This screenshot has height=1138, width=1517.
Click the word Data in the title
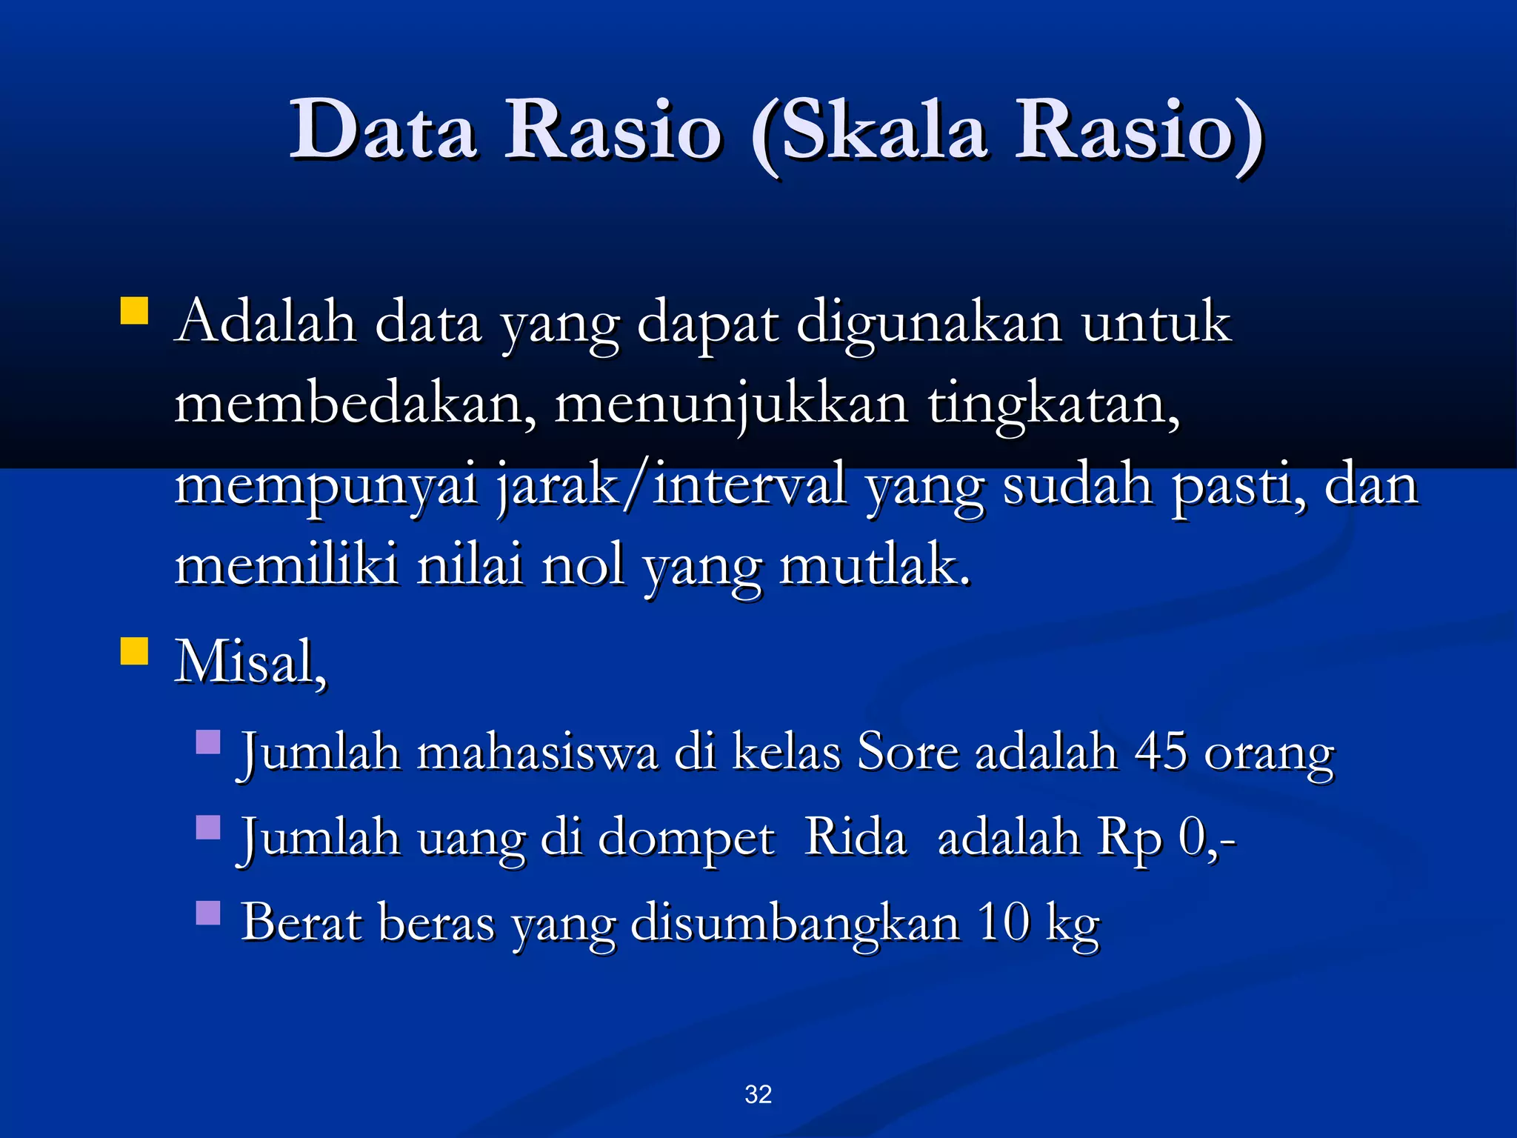(382, 131)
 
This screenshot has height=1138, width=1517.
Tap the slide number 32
(758, 1094)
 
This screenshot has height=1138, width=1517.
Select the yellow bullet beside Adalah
(134, 311)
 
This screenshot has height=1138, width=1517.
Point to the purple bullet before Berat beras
(208, 913)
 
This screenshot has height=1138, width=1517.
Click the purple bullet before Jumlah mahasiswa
(208, 742)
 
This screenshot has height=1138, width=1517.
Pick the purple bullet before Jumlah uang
(208, 827)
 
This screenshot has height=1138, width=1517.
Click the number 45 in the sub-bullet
(1161, 752)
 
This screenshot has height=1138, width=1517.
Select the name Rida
(855, 837)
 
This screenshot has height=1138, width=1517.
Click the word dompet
(686, 839)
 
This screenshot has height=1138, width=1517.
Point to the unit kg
(1072, 924)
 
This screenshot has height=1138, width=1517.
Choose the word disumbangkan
(795, 924)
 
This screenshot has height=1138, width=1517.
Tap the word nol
(583, 565)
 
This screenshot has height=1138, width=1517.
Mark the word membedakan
(354, 404)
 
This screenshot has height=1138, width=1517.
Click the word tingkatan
(1053, 405)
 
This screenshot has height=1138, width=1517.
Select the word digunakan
(929, 324)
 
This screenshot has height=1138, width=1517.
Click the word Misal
(250, 661)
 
